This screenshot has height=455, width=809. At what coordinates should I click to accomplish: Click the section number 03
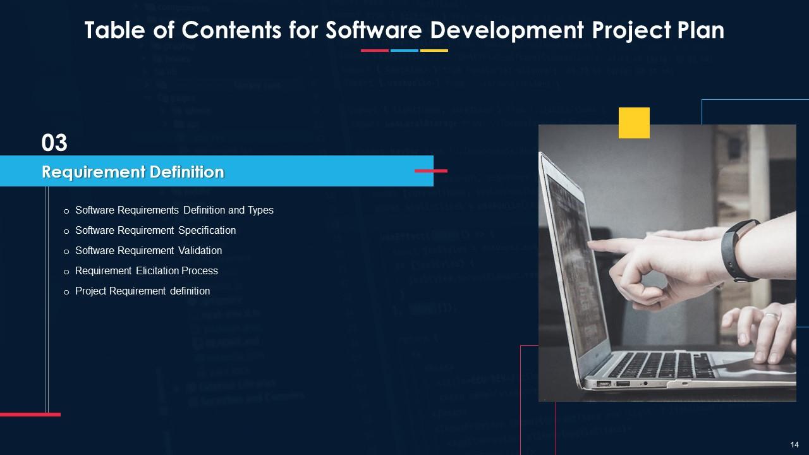54,143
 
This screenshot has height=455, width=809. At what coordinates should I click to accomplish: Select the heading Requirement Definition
133,172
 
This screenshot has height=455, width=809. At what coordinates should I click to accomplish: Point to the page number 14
794,444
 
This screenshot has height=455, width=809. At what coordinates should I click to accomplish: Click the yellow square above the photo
634,123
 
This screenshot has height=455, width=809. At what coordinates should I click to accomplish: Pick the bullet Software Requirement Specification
155,230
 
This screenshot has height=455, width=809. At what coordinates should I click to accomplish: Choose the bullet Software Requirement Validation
148,250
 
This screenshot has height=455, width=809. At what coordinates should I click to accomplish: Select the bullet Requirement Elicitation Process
146,270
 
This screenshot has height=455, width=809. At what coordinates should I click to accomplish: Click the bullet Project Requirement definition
142,291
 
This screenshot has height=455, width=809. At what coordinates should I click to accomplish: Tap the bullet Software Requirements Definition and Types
174,210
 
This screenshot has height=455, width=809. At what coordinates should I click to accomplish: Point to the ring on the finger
772,317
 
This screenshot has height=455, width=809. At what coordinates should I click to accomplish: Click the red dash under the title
374,51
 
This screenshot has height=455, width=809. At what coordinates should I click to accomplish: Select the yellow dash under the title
434,51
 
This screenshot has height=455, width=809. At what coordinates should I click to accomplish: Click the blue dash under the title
404,51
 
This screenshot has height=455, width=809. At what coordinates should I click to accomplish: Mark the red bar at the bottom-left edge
30,415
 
